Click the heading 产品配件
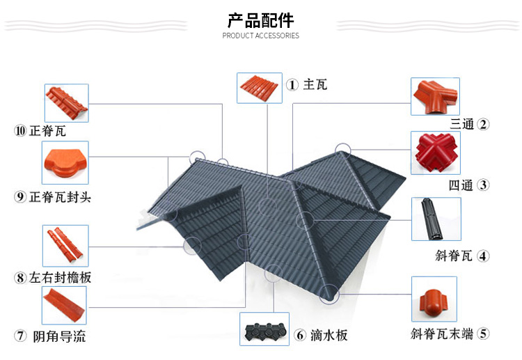pos(261,19)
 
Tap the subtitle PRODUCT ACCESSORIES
pos(261,36)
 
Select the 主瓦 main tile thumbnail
pos(259,88)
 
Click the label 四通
pos(461,185)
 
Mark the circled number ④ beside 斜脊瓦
pos(482,256)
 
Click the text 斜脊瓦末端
pos(441,334)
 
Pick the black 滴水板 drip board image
pos(264,329)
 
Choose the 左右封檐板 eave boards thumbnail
pos(65,246)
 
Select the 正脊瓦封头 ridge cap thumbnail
pos(65,162)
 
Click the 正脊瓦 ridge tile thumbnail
pos(66,102)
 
